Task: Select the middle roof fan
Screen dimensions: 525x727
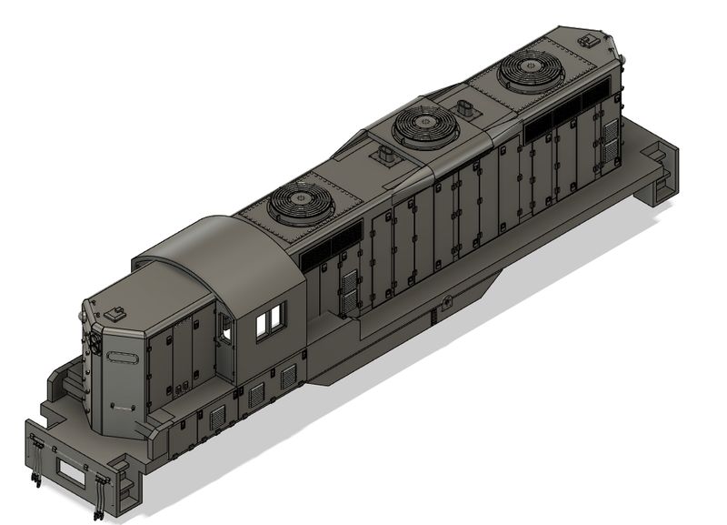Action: (x=423, y=124)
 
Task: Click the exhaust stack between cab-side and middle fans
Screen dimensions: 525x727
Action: (x=382, y=156)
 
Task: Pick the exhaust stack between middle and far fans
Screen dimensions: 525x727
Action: (x=469, y=107)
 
